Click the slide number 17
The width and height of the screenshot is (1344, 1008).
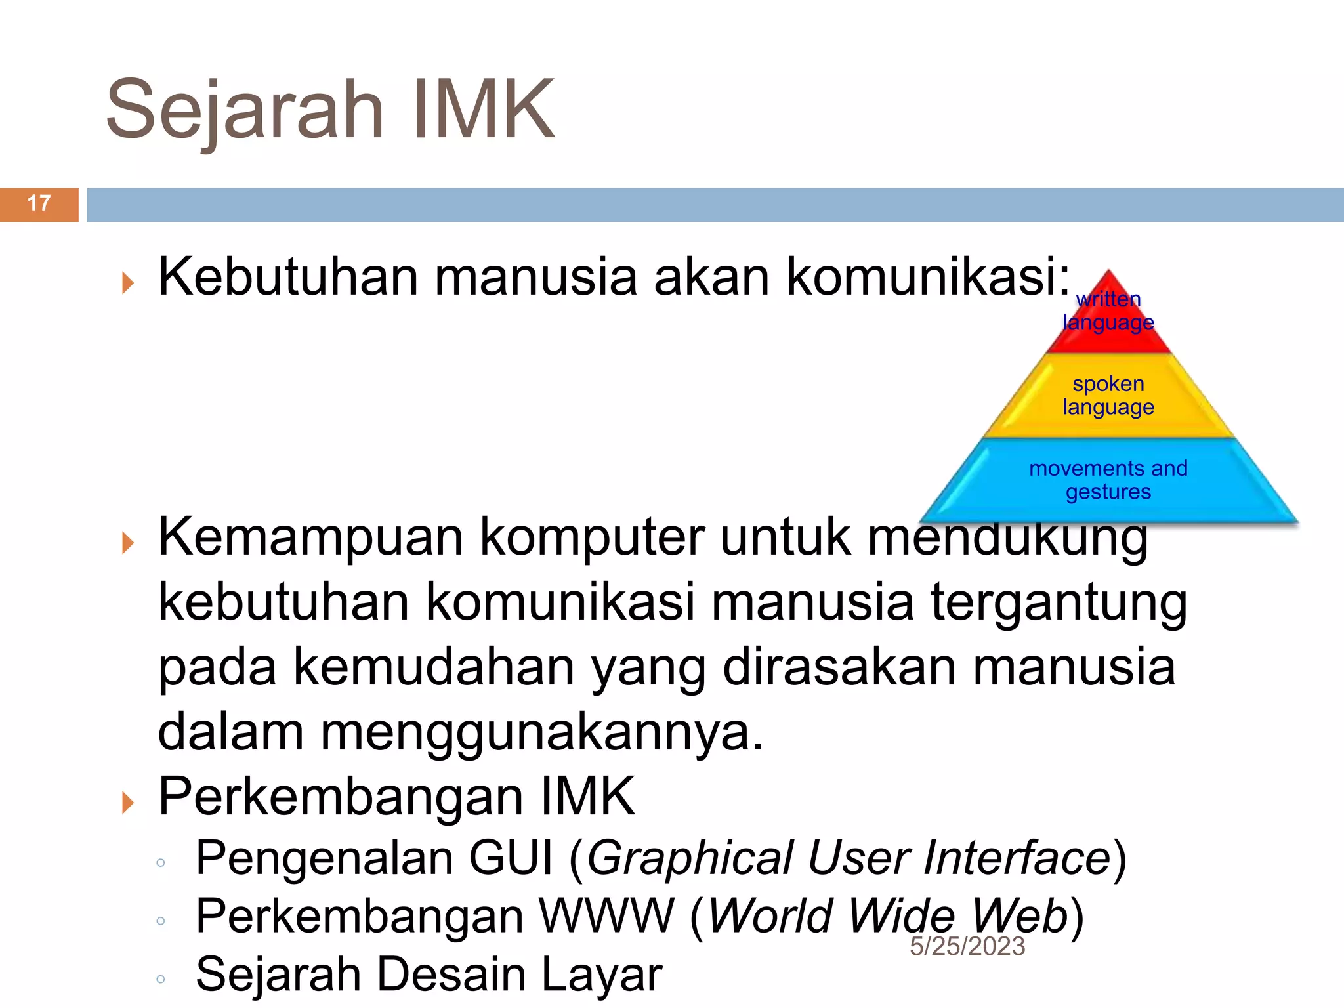39,203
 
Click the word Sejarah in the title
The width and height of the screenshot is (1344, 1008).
244,110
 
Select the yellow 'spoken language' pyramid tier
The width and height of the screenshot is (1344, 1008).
1108,396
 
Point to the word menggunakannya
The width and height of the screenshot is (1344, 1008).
542,733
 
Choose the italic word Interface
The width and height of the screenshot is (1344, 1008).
1017,858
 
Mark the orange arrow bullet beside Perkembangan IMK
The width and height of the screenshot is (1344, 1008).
128,802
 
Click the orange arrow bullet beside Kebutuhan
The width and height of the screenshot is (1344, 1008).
128,283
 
